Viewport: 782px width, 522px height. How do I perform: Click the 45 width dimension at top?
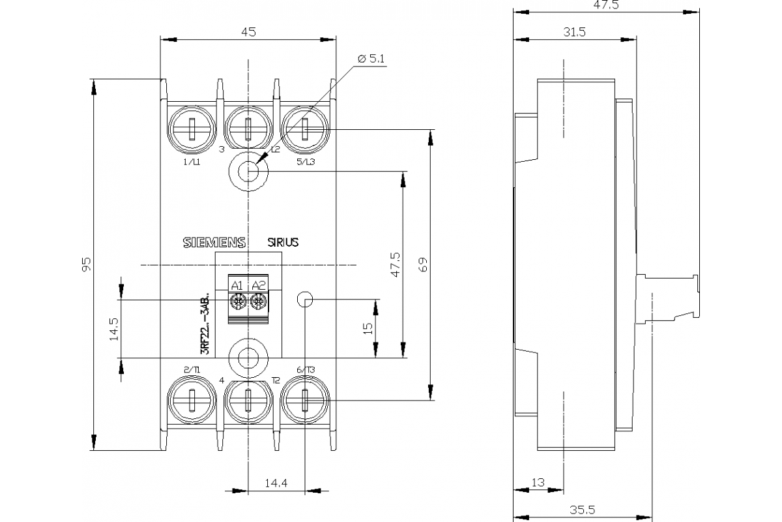pos(248,31)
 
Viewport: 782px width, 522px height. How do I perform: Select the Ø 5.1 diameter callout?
pos(371,59)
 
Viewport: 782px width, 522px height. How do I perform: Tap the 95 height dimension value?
pos(87,264)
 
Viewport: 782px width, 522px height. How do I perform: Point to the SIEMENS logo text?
pos(214,242)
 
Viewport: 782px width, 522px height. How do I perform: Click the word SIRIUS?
pos(283,242)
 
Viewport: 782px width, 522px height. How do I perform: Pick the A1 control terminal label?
pos(237,285)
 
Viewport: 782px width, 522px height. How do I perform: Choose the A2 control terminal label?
pos(259,285)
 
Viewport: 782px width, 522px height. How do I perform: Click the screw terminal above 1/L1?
pos(192,129)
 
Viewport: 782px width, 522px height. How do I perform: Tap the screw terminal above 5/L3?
pos(305,129)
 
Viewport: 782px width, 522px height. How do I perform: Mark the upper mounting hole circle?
pos(248,172)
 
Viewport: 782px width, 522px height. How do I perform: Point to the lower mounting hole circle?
pos(248,358)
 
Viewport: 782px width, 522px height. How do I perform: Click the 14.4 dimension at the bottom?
pos(276,483)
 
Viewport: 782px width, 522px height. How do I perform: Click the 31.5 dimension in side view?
pos(574,31)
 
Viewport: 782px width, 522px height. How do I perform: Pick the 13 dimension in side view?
pos(538,483)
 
